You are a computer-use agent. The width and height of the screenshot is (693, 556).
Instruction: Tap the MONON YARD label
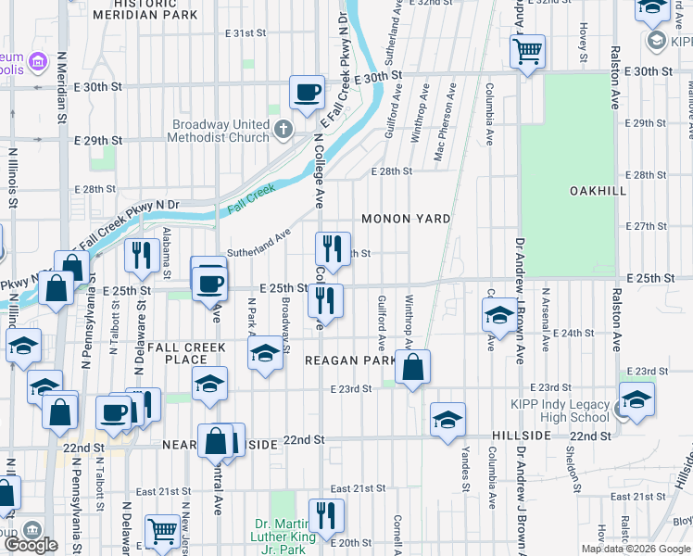click(406, 219)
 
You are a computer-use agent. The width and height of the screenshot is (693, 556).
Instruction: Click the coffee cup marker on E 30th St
click(307, 91)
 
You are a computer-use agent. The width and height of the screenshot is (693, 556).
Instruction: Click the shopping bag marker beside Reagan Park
click(412, 367)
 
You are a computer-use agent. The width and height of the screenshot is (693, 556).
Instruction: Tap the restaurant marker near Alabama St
click(140, 254)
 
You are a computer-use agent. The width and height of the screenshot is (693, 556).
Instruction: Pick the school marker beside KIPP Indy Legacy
click(636, 399)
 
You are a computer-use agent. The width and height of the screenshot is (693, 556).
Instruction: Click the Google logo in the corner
click(31, 545)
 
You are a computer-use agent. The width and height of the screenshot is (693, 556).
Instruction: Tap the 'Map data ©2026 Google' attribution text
click(636, 549)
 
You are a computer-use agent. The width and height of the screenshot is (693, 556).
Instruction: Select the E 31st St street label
click(246, 33)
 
